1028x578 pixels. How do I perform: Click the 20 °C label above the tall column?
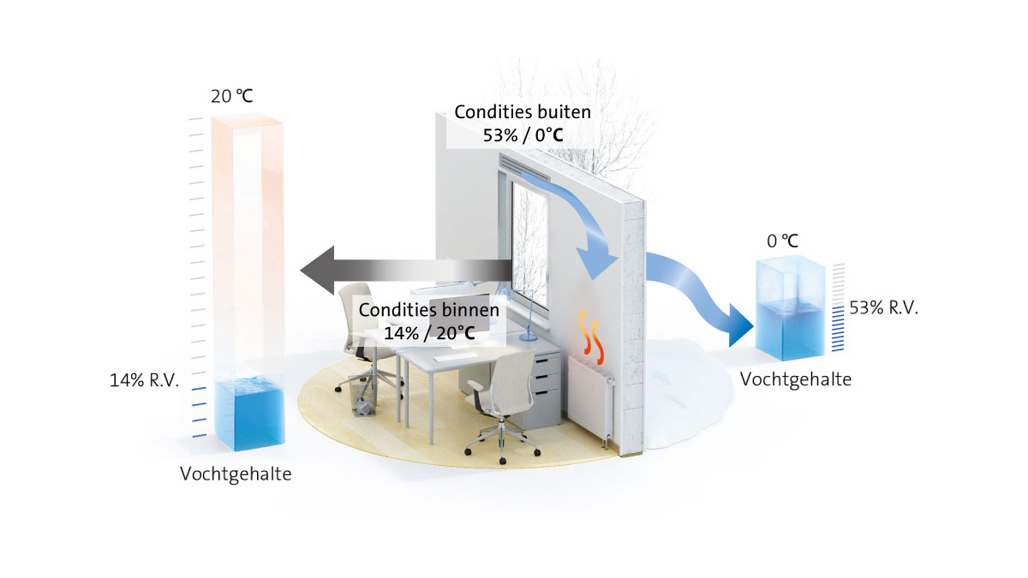pyautogui.click(x=232, y=96)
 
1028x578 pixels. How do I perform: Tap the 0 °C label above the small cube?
pyautogui.click(x=783, y=241)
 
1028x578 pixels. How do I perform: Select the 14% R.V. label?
pyautogui.click(x=144, y=380)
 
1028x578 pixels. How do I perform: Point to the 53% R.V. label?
pyautogui.click(x=884, y=307)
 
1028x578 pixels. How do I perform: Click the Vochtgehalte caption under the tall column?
pyautogui.click(x=236, y=474)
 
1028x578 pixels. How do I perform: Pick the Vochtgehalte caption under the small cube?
pyautogui.click(x=796, y=379)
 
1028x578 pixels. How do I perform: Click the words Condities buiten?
pyautogui.click(x=523, y=112)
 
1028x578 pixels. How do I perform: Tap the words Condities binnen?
pyautogui.click(x=429, y=310)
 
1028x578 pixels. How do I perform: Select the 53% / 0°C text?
pyautogui.click(x=523, y=135)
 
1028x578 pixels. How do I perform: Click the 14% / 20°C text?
pyautogui.click(x=429, y=333)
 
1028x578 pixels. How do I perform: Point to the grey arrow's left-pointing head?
pyautogui.click(x=318, y=271)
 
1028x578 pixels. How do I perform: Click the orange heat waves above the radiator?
pyautogui.click(x=590, y=337)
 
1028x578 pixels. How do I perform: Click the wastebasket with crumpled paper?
pyautogui.click(x=362, y=396)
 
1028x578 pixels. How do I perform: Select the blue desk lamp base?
pyautogui.click(x=528, y=337)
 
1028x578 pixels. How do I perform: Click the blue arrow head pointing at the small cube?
pyautogui.click(x=740, y=325)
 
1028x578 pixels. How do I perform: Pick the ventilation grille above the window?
pyautogui.click(x=524, y=169)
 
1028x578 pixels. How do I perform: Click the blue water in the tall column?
pyautogui.click(x=249, y=414)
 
